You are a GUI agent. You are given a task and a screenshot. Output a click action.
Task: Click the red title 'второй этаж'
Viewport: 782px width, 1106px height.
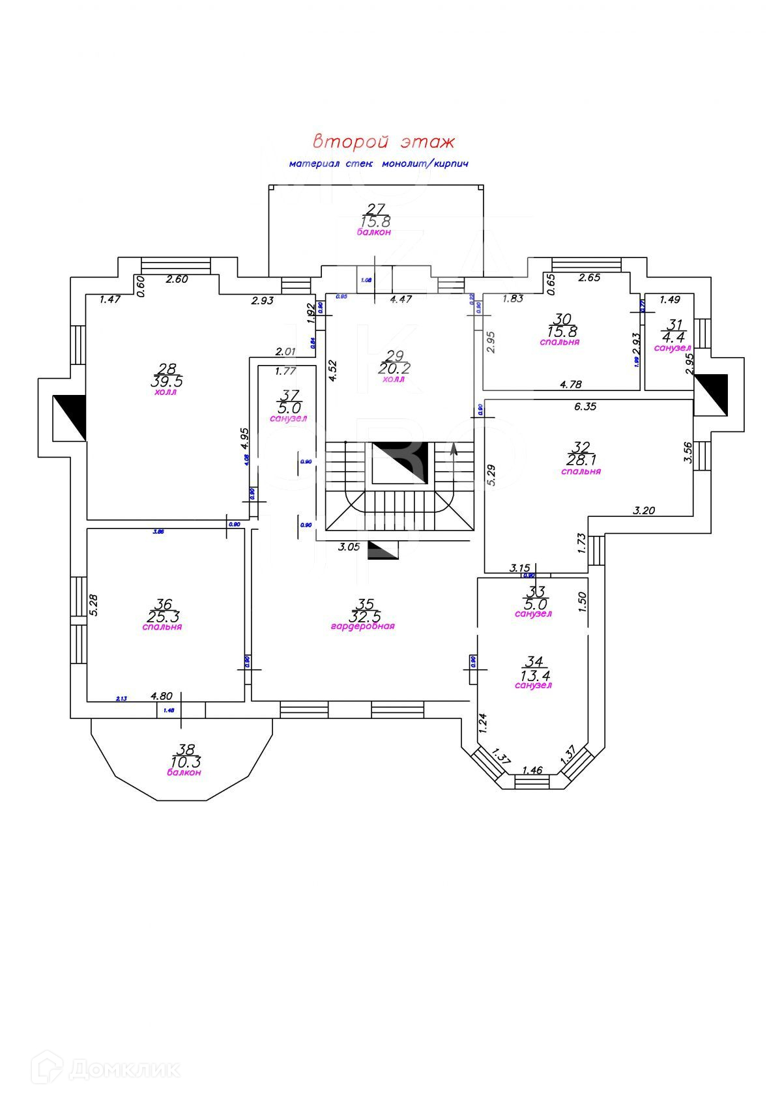(x=383, y=141)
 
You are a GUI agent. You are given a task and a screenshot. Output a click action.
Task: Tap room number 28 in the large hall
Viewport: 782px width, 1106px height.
(x=167, y=369)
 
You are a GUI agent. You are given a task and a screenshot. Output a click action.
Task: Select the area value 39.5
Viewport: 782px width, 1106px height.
(x=167, y=381)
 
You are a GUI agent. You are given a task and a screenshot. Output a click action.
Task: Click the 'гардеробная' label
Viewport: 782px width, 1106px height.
(x=363, y=626)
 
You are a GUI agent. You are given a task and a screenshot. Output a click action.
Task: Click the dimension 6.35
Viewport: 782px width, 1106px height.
(x=586, y=407)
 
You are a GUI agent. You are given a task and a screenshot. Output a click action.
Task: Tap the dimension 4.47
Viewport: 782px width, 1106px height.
(x=401, y=300)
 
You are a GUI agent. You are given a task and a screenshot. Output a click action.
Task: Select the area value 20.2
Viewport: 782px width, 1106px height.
(x=394, y=368)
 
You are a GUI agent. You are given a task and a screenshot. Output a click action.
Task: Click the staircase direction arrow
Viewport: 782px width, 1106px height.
(x=454, y=448)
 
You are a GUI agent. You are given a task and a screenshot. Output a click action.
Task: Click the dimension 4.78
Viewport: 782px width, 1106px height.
(x=571, y=385)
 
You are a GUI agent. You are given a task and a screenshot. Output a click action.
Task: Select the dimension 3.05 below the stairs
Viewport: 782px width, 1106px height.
(x=349, y=547)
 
